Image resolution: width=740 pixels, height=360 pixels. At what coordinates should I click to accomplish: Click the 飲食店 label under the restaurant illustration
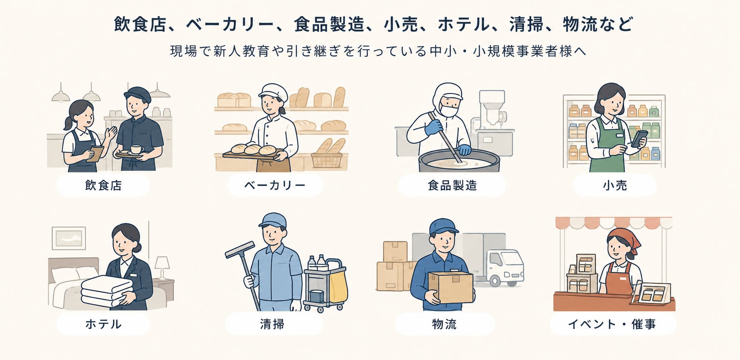point(103,185)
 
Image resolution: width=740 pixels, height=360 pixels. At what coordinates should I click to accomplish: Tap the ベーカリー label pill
point(275,185)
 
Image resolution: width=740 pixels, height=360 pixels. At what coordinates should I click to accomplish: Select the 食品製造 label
point(452,185)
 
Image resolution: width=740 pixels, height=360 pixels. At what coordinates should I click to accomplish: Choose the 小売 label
point(615,185)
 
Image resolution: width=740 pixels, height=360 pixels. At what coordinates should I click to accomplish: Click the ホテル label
point(103,324)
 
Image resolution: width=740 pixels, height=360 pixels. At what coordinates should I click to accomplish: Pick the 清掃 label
point(272,324)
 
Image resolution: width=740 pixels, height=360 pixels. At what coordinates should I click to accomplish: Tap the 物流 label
point(444,324)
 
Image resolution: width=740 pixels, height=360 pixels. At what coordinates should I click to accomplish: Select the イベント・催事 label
point(612,324)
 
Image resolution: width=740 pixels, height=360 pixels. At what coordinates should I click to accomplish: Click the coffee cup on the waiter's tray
point(136,149)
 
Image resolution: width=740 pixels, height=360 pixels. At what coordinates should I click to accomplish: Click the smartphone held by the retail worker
point(639,138)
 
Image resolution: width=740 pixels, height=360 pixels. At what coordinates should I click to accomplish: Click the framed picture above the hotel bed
point(69,238)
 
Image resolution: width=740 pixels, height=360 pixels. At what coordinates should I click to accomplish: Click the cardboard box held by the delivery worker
point(451,287)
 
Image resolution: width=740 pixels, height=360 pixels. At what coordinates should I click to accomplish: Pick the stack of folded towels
point(107,291)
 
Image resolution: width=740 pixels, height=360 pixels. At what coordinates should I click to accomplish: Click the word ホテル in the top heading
point(463,24)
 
